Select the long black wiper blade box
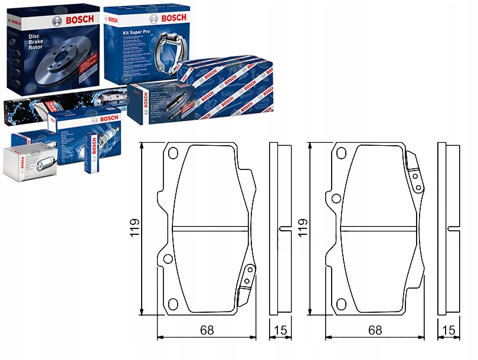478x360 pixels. (59, 106)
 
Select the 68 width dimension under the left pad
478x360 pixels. (206, 330)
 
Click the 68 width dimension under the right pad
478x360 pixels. (375, 330)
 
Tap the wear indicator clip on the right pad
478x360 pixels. (416, 174)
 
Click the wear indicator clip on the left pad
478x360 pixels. (247, 283)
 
